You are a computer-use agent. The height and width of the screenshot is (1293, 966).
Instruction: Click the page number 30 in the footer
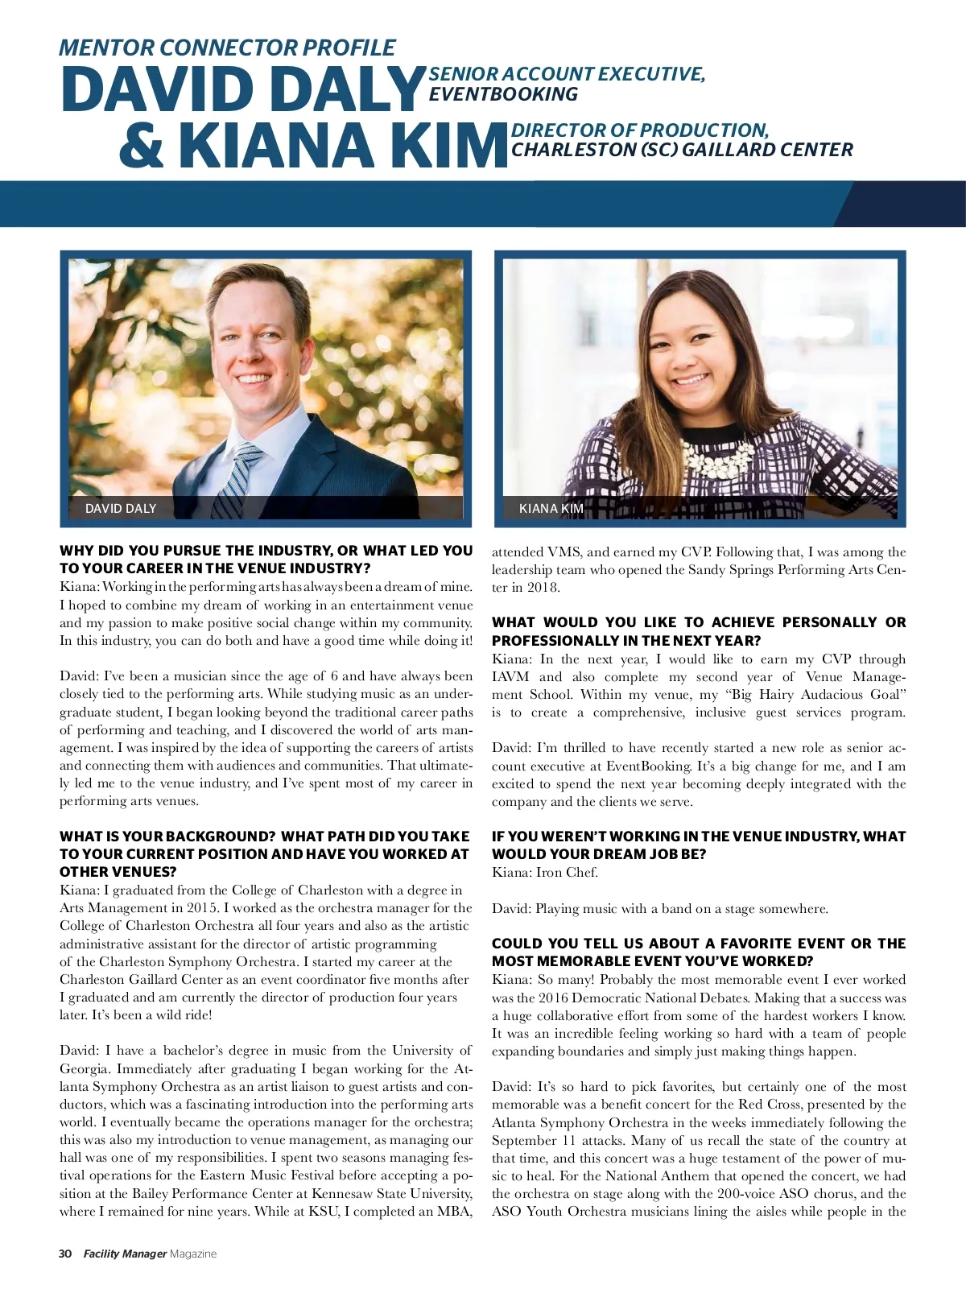coord(65,1254)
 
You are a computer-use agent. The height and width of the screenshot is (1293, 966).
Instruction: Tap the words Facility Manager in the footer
coord(125,1254)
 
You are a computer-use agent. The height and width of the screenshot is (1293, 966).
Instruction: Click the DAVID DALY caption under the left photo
coord(121,508)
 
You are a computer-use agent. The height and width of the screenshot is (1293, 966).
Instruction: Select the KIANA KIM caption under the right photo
coord(551,508)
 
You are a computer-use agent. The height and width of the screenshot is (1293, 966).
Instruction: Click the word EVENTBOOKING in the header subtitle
coord(503,94)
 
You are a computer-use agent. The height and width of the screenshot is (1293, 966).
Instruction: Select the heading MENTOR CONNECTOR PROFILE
coord(227,48)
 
